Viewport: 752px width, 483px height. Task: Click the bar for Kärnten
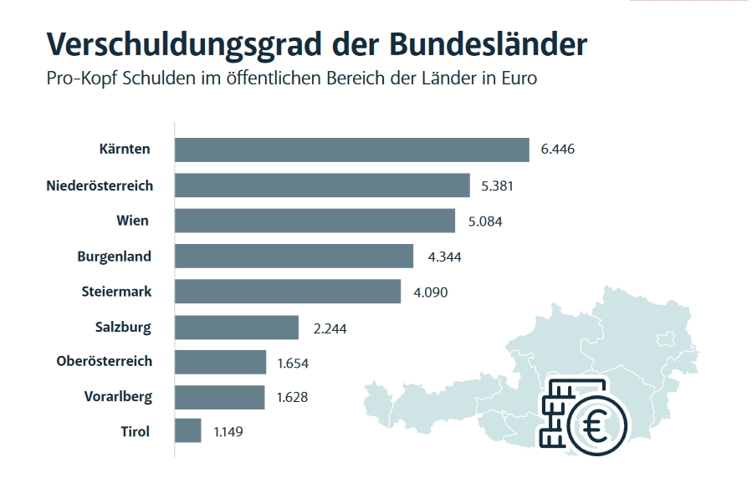coord(351,150)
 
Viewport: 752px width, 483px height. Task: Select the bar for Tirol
coord(188,431)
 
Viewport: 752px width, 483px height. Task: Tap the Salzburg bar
coord(237,328)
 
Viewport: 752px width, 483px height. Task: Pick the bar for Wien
coord(315,221)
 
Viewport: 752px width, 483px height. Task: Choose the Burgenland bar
coord(294,257)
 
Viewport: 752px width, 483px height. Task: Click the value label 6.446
coord(558,150)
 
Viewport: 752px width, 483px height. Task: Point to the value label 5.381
coord(497,186)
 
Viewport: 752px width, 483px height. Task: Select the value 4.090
coord(431,292)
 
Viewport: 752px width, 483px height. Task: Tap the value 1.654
coord(293,363)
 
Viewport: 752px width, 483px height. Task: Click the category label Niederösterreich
coord(100,186)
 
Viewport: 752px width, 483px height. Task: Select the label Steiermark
coord(116,292)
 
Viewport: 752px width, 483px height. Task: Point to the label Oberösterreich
coord(105,362)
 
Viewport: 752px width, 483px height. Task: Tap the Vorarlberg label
coord(118,396)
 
